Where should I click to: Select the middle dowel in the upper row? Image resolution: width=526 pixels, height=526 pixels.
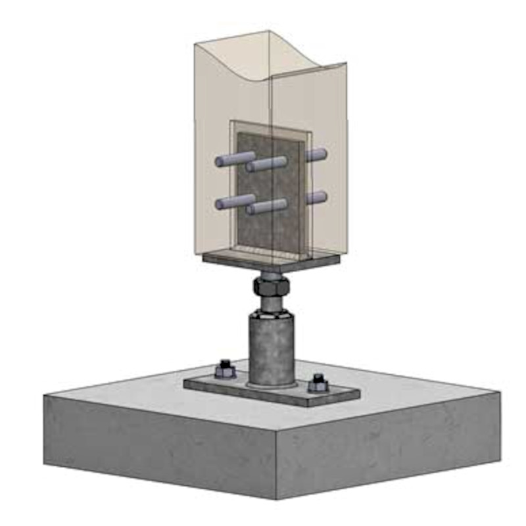267,164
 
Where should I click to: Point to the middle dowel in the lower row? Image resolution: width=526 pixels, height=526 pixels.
267,206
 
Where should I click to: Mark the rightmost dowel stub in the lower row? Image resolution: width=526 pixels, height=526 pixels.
316,197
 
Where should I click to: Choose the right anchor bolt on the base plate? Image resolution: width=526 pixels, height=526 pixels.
319,383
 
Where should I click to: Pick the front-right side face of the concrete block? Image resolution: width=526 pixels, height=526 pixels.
388,447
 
